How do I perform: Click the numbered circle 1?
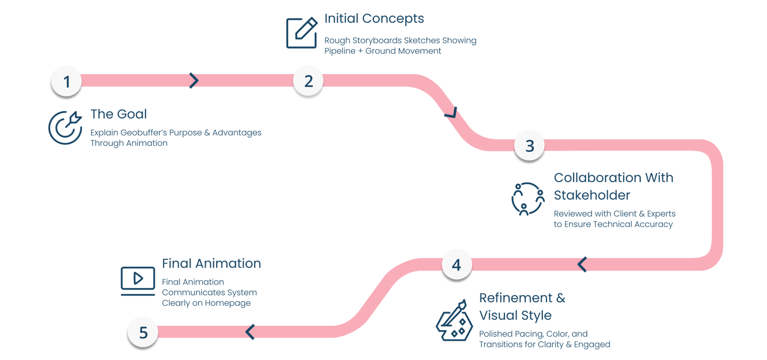(67, 82)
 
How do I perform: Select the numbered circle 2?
(308, 81)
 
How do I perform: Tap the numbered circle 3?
(529, 146)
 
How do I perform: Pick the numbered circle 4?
(456, 265)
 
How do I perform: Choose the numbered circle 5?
(143, 333)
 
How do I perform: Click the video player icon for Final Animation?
(137, 280)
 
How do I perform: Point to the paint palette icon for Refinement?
(452, 321)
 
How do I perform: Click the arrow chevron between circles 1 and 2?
(194, 80)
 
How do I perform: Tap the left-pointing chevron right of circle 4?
(582, 264)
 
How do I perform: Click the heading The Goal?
(118, 114)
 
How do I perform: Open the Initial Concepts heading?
(374, 19)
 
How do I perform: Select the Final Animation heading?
(211, 264)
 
